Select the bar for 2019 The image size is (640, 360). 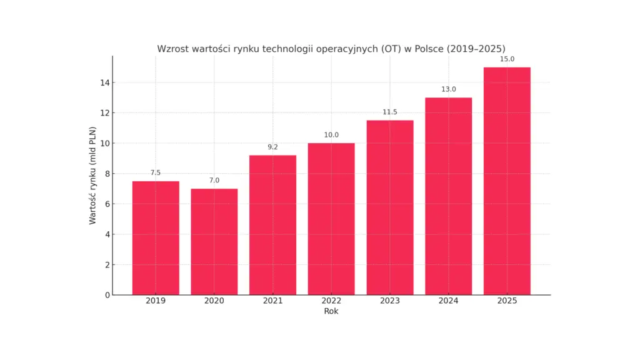[x=156, y=238]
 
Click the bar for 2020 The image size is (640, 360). [x=214, y=242]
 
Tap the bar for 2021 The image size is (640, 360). [x=272, y=225]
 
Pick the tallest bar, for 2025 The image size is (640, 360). [x=507, y=181]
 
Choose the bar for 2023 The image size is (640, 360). [x=390, y=207]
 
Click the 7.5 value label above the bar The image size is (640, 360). [x=156, y=172]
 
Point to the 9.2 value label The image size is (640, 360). [x=272, y=147]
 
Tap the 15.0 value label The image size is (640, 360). [x=507, y=59]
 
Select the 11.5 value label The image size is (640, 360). [x=390, y=112]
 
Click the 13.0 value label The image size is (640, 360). [x=449, y=89]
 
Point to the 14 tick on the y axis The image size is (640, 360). [x=105, y=83]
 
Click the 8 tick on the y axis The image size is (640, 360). [x=107, y=174]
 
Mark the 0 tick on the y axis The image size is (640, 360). [x=107, y=295]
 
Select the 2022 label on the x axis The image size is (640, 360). [x=331, y=301]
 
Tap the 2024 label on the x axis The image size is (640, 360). [x=449, y=301]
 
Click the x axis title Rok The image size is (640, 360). [x=331, y=311]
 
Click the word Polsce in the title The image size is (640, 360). [x=429, y=49]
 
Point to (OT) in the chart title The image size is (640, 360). [x=391, y=49]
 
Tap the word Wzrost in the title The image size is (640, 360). [x=172, y=49]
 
